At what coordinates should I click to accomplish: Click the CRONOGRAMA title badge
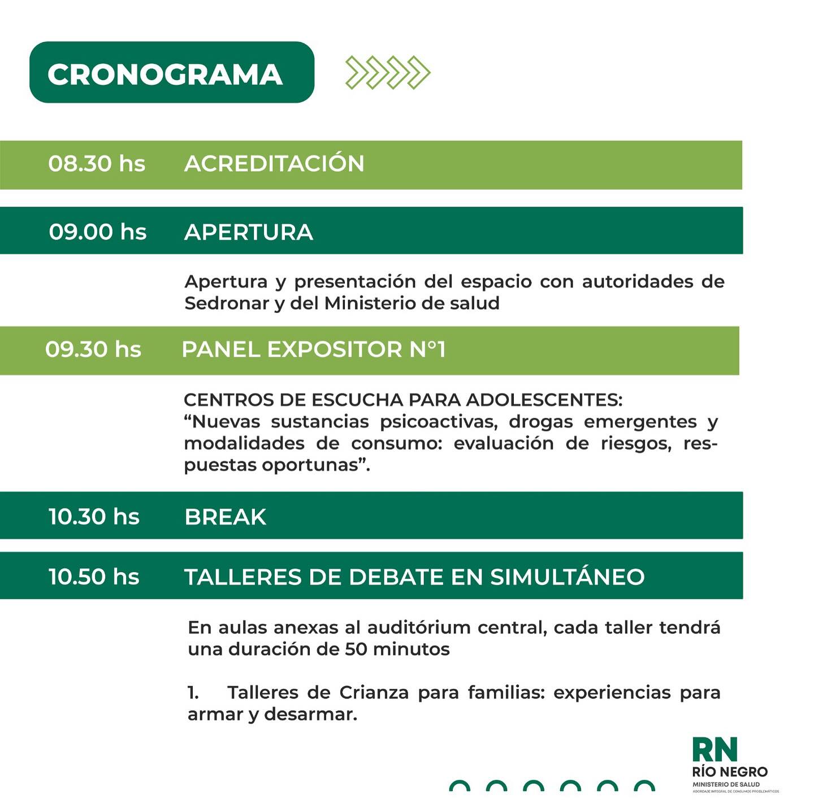click(x=171, y=72)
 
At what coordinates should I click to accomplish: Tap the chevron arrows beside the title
click(x=388, y=73)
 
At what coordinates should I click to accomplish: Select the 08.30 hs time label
click(x=97, y=164)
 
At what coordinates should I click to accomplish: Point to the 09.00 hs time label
click(x=98, y=232)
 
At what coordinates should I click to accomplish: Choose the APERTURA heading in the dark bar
click(x=249, y=232)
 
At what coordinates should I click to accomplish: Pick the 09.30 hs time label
click(x=93, y=350)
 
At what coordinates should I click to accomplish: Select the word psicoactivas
click(x=439, y=422)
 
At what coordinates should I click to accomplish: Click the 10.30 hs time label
click(x=94, y=517)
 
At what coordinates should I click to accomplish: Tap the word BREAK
click(x=226, y=517)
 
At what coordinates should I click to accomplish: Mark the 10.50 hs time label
click(x=94, y=577)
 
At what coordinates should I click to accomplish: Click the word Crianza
click(x=374, y=692)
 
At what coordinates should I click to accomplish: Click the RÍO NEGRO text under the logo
click(x=730, y=772)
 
